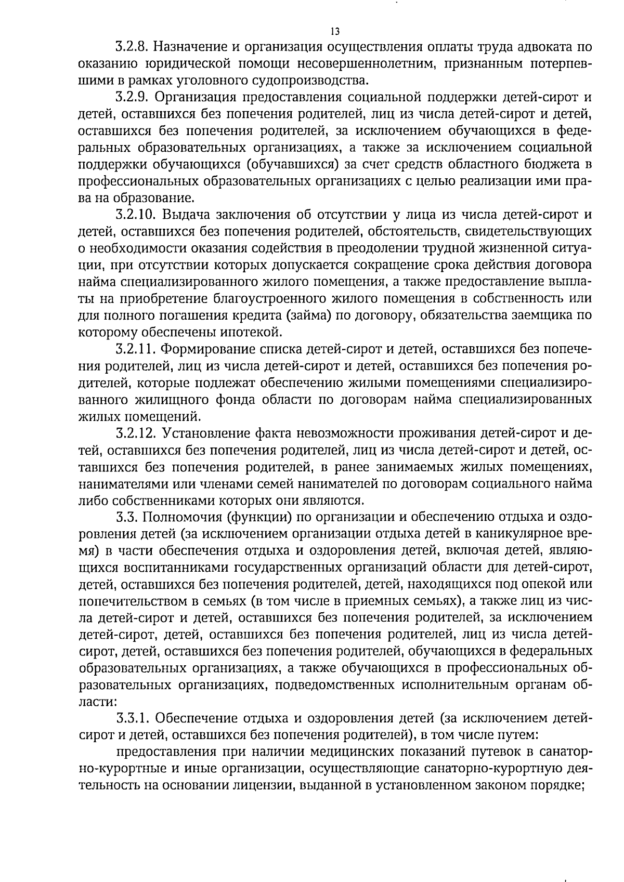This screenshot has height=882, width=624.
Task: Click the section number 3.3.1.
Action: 133,719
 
